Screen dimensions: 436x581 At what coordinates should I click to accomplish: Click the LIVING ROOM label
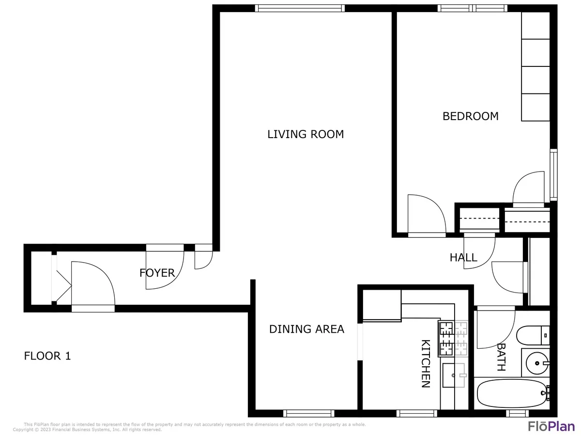coord(306,134)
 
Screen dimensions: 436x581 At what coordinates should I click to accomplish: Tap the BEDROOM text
coord(471,116)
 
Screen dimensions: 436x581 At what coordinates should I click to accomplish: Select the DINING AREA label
coord(306,329)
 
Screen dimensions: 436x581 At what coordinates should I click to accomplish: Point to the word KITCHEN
coord(426,363)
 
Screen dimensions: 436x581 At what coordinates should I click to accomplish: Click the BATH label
coord(501,358)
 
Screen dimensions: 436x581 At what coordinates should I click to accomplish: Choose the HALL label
coord(463,258)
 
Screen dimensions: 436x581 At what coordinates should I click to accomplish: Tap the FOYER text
coord(157,273)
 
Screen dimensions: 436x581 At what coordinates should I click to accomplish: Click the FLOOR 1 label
coord(47,356)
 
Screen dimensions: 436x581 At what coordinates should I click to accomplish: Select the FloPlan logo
coord(550,426)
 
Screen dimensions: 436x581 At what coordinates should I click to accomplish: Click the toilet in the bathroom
coord(533,335)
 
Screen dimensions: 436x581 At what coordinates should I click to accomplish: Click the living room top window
coord(300,8)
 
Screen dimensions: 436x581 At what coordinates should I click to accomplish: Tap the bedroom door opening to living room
coord(426,216)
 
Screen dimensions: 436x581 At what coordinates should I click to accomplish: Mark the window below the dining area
coord(308,413)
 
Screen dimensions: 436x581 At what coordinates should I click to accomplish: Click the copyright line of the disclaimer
coord(87,430)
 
